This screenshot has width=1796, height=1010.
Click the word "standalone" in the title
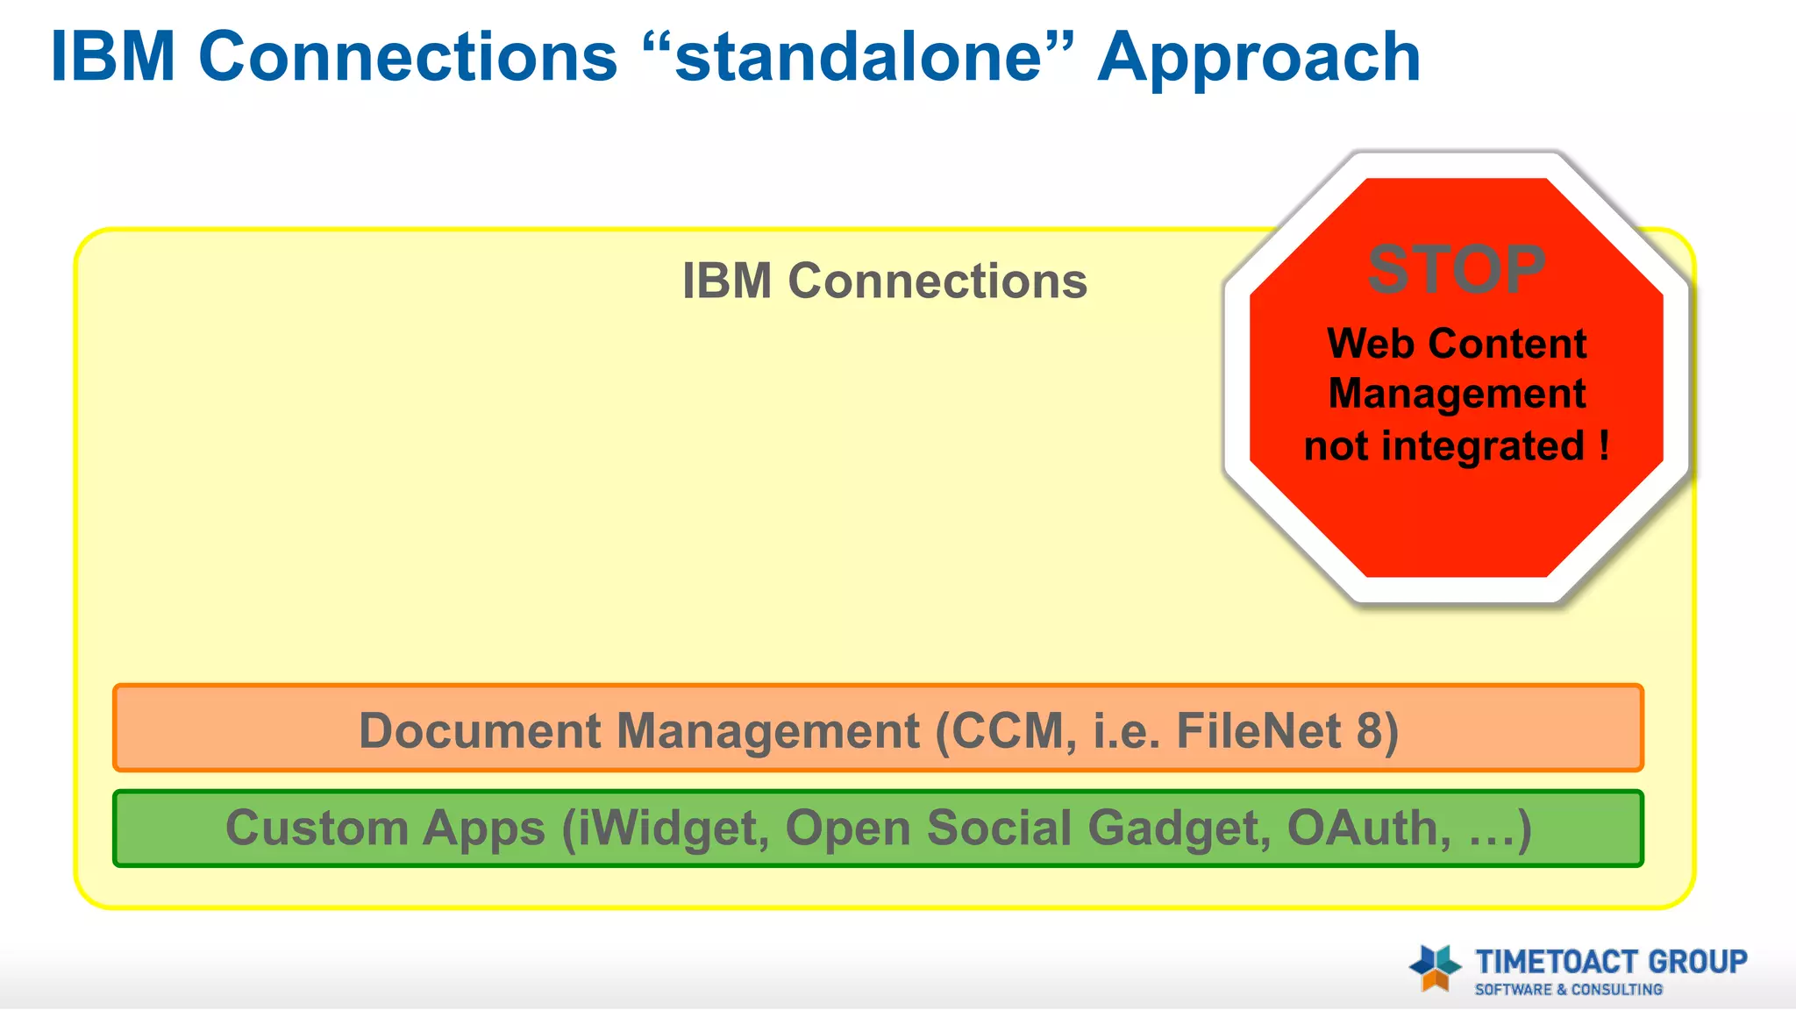(x=858, y=58)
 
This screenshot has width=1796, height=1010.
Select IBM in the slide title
(x=113, y=58)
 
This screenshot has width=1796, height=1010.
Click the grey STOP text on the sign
(x=1457, y=269)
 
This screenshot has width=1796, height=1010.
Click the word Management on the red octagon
(x=1457, y=394)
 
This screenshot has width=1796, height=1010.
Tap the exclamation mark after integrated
(x=1604, y=445)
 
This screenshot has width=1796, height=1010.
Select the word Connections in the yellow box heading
(x=937, y=281)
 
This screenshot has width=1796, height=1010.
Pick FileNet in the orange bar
(x=1258, y=730)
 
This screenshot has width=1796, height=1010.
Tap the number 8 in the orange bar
(x=1369, y=730)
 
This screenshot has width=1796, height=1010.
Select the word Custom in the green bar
(x=317, y=829)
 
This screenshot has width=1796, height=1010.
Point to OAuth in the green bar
(x=1364, y=829)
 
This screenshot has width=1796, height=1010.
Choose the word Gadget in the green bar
(x=1178, y=829)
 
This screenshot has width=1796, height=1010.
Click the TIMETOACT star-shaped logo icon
(x=1435, y=968)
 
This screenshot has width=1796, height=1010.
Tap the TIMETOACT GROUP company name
(x=1611, y=962)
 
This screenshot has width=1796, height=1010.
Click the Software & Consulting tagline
(x=1568, y=990)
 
